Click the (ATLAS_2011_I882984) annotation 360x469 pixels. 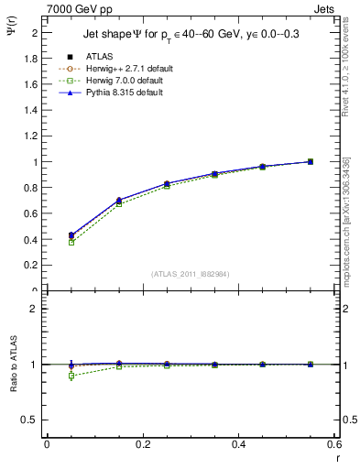(x=190, y=274)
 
